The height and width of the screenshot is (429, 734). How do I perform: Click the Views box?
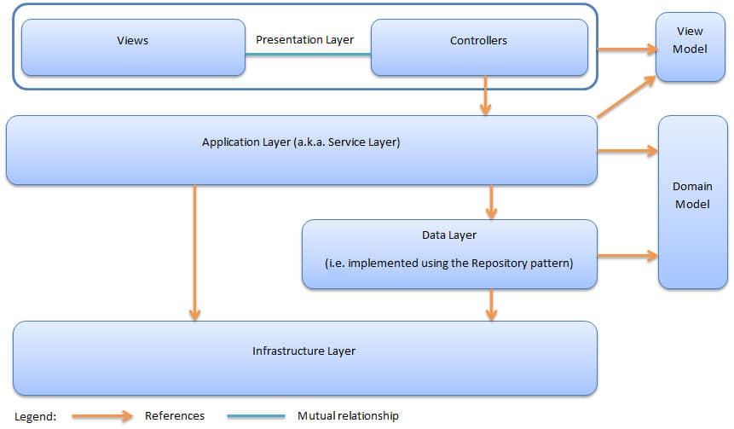pyautogui.click(x=132, y=48)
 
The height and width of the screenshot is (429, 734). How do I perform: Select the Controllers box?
pyautogui.click(x=478, y=48)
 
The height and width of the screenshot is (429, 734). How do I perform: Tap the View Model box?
pyautogui.click(x=690, y=47)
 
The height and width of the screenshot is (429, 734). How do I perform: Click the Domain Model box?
pyautogui.click(x=691, y=202)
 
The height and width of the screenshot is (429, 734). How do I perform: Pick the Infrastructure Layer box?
pyautogui.click(x=304, y=357)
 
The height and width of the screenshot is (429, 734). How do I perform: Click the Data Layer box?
pyautogui.click(x=449, y=253)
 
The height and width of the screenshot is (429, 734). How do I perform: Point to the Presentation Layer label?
pyautogui.click(x=304, y=39)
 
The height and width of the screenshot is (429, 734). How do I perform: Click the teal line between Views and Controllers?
pyautogui.click(x=308, y=55)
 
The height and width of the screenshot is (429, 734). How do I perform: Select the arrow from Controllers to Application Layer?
pyautogui.click(x=486, y=96)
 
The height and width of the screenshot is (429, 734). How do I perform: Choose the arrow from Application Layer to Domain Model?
pyautogui.click(x=627, y=152)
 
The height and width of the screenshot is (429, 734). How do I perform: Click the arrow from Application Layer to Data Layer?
pyautogui.click(x=491, y=202)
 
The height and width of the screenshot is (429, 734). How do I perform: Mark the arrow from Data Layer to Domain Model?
pyautogui.click(x=627, y=254)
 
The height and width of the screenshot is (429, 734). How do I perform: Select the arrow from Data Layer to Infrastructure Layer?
pyautogui.click(x=491, y=304)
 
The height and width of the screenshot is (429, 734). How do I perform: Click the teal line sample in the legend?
pyautogui.click(x=256, y=416)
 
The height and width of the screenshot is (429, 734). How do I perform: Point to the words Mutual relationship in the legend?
pyautogui.click(x=348, y=416)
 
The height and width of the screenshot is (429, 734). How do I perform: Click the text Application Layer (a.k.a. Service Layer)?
pyautogui.click(x=301, y=142)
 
